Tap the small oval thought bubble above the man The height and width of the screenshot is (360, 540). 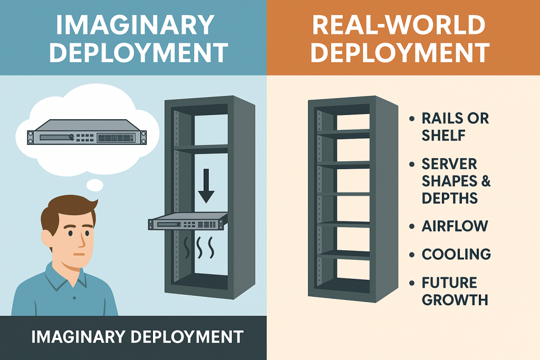[x=95, y=184]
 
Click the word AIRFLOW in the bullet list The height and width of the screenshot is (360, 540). [x=455, y=226]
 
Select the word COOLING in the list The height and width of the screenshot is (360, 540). [x=456, y=254]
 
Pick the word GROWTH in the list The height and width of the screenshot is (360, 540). [x=455, y=299]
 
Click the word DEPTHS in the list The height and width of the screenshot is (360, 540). [x=450, y=198]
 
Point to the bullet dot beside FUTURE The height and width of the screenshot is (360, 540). [x=412, y=283]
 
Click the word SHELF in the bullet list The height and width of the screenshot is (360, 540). [x=443, y=135]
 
